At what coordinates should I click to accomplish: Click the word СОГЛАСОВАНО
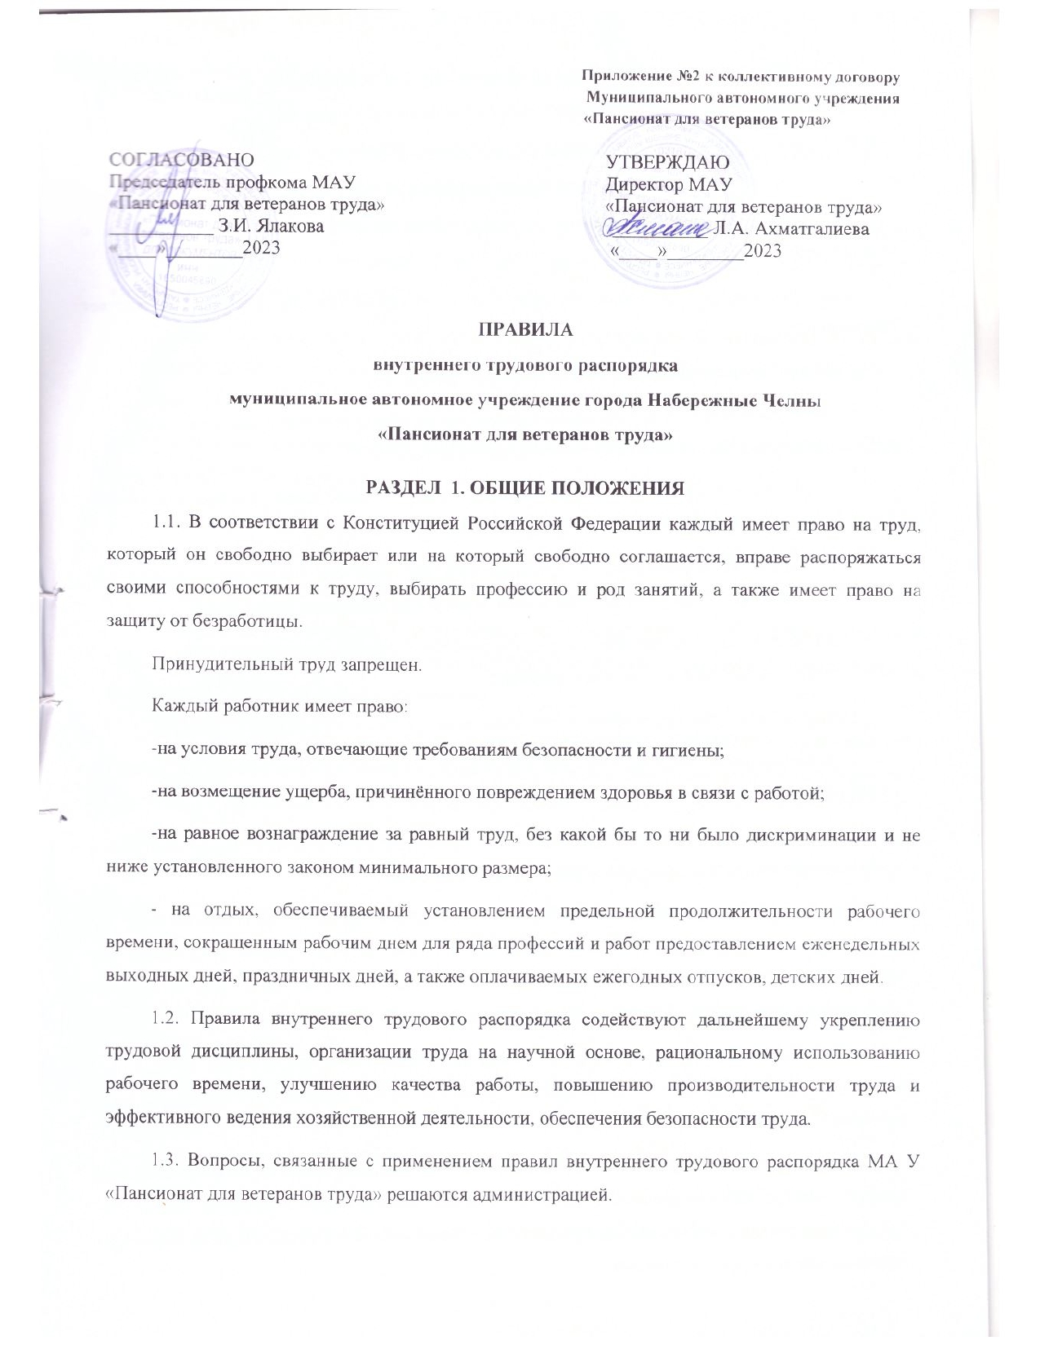[x=181, y=160]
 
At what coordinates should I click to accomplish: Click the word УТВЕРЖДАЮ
[x=667, y=163]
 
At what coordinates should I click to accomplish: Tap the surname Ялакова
[x=290, y=227]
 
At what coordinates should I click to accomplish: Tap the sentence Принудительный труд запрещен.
[x=287, y=664]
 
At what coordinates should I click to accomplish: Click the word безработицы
[x=246, y=621]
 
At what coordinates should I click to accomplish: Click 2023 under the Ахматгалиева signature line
[x=762, y=251]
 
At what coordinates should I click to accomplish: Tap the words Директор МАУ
[x=669, y=185]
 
